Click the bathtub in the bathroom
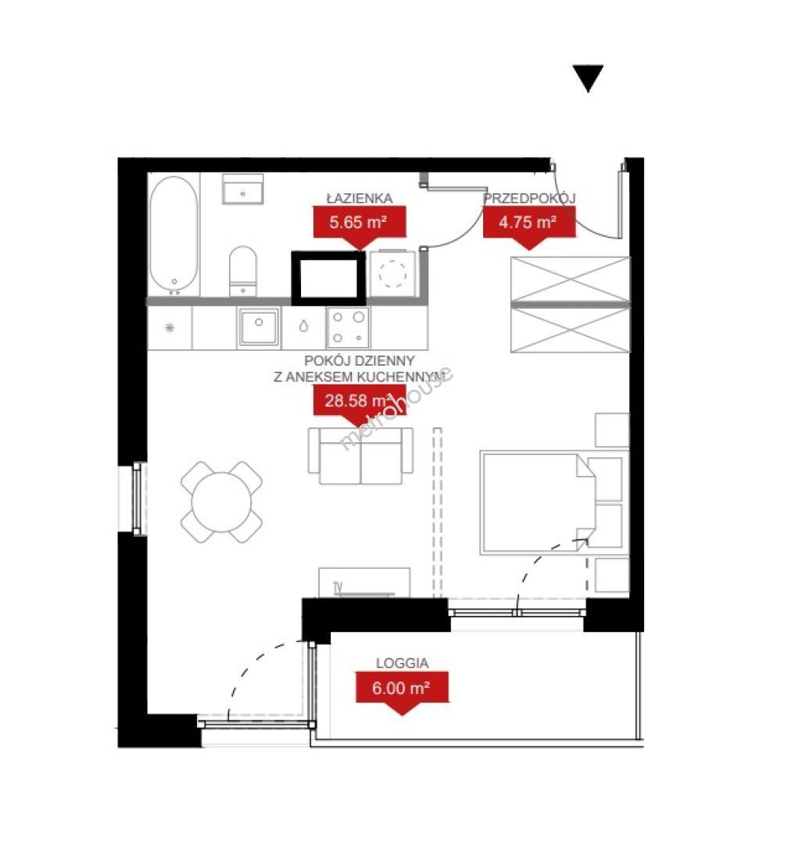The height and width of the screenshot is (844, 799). click(174, 234)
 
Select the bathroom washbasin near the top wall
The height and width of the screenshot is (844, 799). click(243, 189)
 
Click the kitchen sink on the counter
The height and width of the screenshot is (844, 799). click(259, 327)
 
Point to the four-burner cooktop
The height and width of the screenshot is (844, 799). click(348, 327)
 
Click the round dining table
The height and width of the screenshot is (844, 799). click(221, 502)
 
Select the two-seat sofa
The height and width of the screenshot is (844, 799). click(360, 456)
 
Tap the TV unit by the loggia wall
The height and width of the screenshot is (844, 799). click(364, 582)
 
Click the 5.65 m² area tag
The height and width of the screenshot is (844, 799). click(359, 223)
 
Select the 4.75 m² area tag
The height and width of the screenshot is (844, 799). click(528, 223)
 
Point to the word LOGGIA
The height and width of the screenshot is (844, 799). click(402, 663)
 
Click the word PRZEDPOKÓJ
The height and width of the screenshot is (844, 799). click(529, 198)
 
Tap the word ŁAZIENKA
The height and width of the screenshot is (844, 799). click(360, 198)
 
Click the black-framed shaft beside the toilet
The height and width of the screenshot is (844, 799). click(328, 278)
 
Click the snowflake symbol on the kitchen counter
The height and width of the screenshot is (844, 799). click(170, 327)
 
